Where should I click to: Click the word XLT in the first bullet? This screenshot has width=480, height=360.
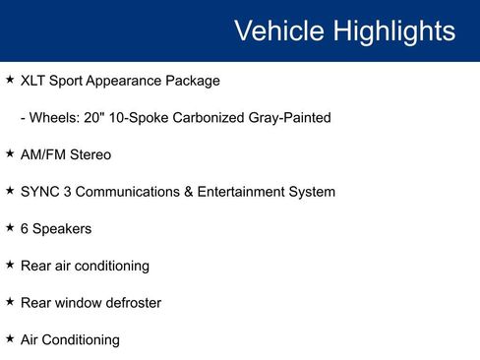(x=34, y=81)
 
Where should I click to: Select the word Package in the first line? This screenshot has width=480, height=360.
(x=192, y=81)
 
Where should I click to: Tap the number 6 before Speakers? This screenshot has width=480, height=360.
(x=25, y=228)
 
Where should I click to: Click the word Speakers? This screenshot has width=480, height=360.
(x=63, y=228)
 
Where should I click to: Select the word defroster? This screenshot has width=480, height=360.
(x=130, y=303)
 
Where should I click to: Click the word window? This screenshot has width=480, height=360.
(x=77, y=303)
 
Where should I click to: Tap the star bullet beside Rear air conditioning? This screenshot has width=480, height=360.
(x=10, y=265)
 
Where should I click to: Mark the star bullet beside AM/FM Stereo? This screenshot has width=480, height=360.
(x=10, y=153)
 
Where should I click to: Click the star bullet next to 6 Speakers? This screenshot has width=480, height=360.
(x=10, y=227)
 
